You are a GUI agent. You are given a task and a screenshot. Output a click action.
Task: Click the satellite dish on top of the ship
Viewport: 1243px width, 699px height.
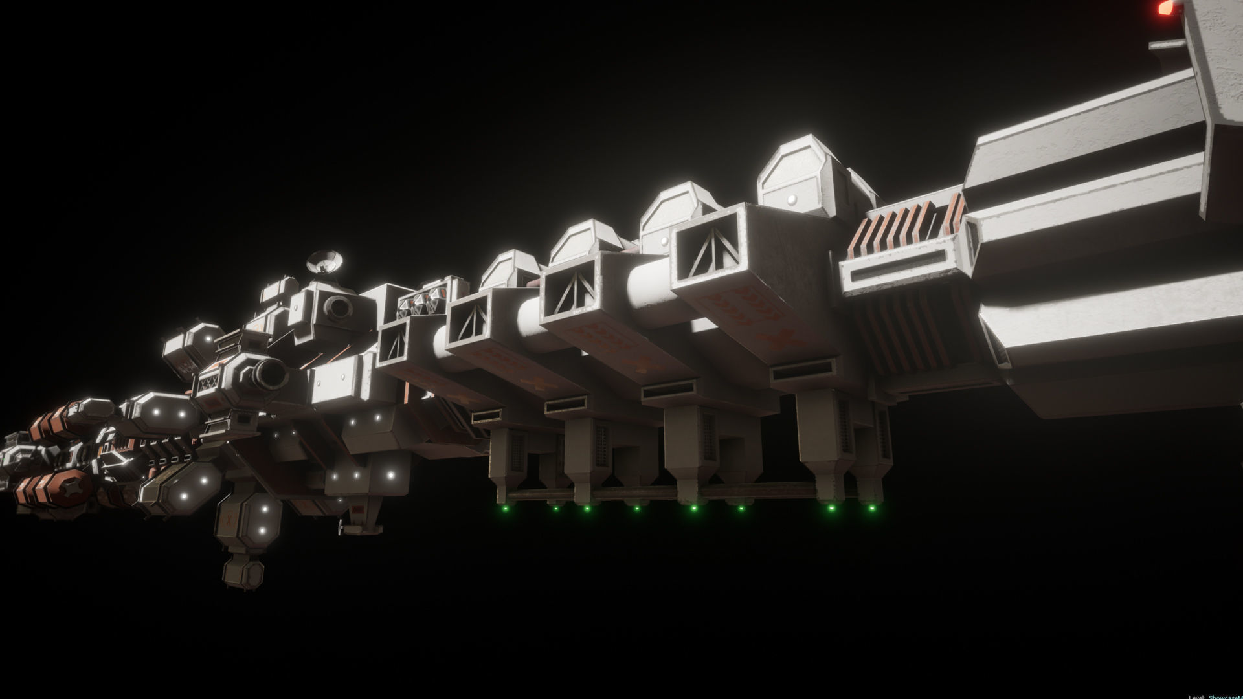coord(326,261)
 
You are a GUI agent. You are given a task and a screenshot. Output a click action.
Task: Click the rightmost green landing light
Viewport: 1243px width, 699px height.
coord(871,508)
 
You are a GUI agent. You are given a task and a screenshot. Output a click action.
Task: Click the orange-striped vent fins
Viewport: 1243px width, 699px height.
coord(906,227)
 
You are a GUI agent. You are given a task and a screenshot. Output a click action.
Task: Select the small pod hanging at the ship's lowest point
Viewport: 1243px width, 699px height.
coord(242,573)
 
